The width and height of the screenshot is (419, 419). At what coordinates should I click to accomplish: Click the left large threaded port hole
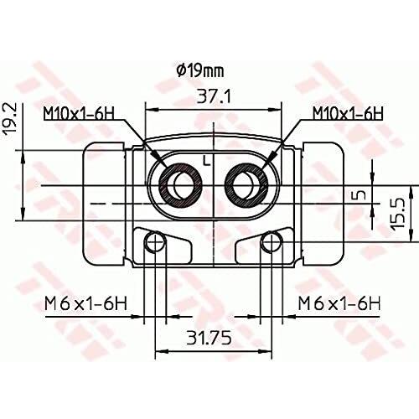coord(178,182)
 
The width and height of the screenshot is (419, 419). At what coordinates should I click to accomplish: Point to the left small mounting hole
coord(153,243)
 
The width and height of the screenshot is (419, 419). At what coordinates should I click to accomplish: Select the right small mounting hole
coord(270,243)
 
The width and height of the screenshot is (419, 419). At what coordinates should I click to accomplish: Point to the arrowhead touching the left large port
coord(164,164)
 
